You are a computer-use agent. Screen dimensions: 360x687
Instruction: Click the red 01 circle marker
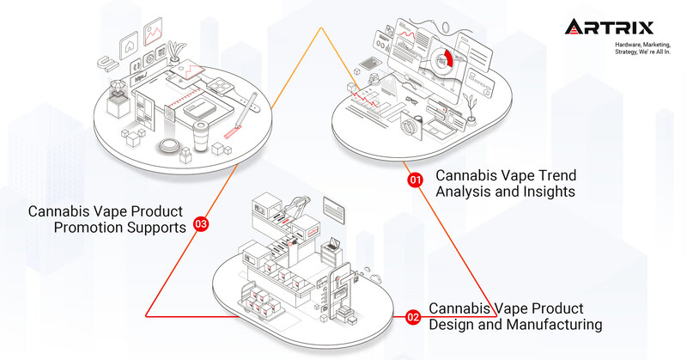point(415,180)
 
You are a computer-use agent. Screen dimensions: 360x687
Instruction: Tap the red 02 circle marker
point(413,318)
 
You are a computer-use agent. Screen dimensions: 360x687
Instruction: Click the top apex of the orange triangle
point(321,28)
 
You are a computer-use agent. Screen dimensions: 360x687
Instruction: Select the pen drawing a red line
point(242,121)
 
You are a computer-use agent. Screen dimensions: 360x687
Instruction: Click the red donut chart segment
point(447,61)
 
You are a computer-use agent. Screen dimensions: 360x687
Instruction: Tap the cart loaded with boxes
point(262,303)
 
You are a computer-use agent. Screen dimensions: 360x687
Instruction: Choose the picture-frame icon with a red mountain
point(155,34)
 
